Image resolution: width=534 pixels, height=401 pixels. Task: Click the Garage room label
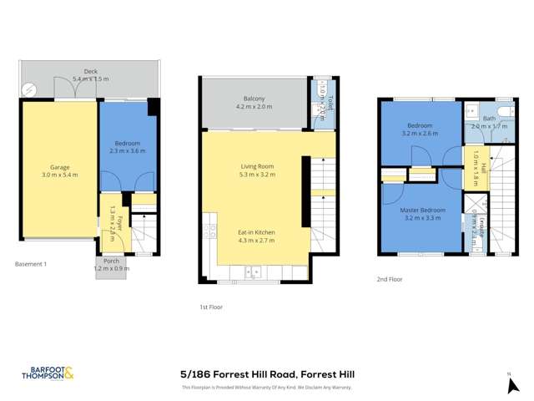(59, 171)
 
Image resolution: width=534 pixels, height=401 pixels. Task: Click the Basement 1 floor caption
(31, 264)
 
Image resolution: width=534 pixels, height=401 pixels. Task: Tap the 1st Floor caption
(212, 307)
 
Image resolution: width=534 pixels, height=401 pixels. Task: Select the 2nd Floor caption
(389, 279)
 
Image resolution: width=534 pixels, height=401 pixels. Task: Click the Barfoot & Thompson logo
(48, 374)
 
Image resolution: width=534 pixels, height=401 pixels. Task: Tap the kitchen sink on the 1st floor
(252, 271)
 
